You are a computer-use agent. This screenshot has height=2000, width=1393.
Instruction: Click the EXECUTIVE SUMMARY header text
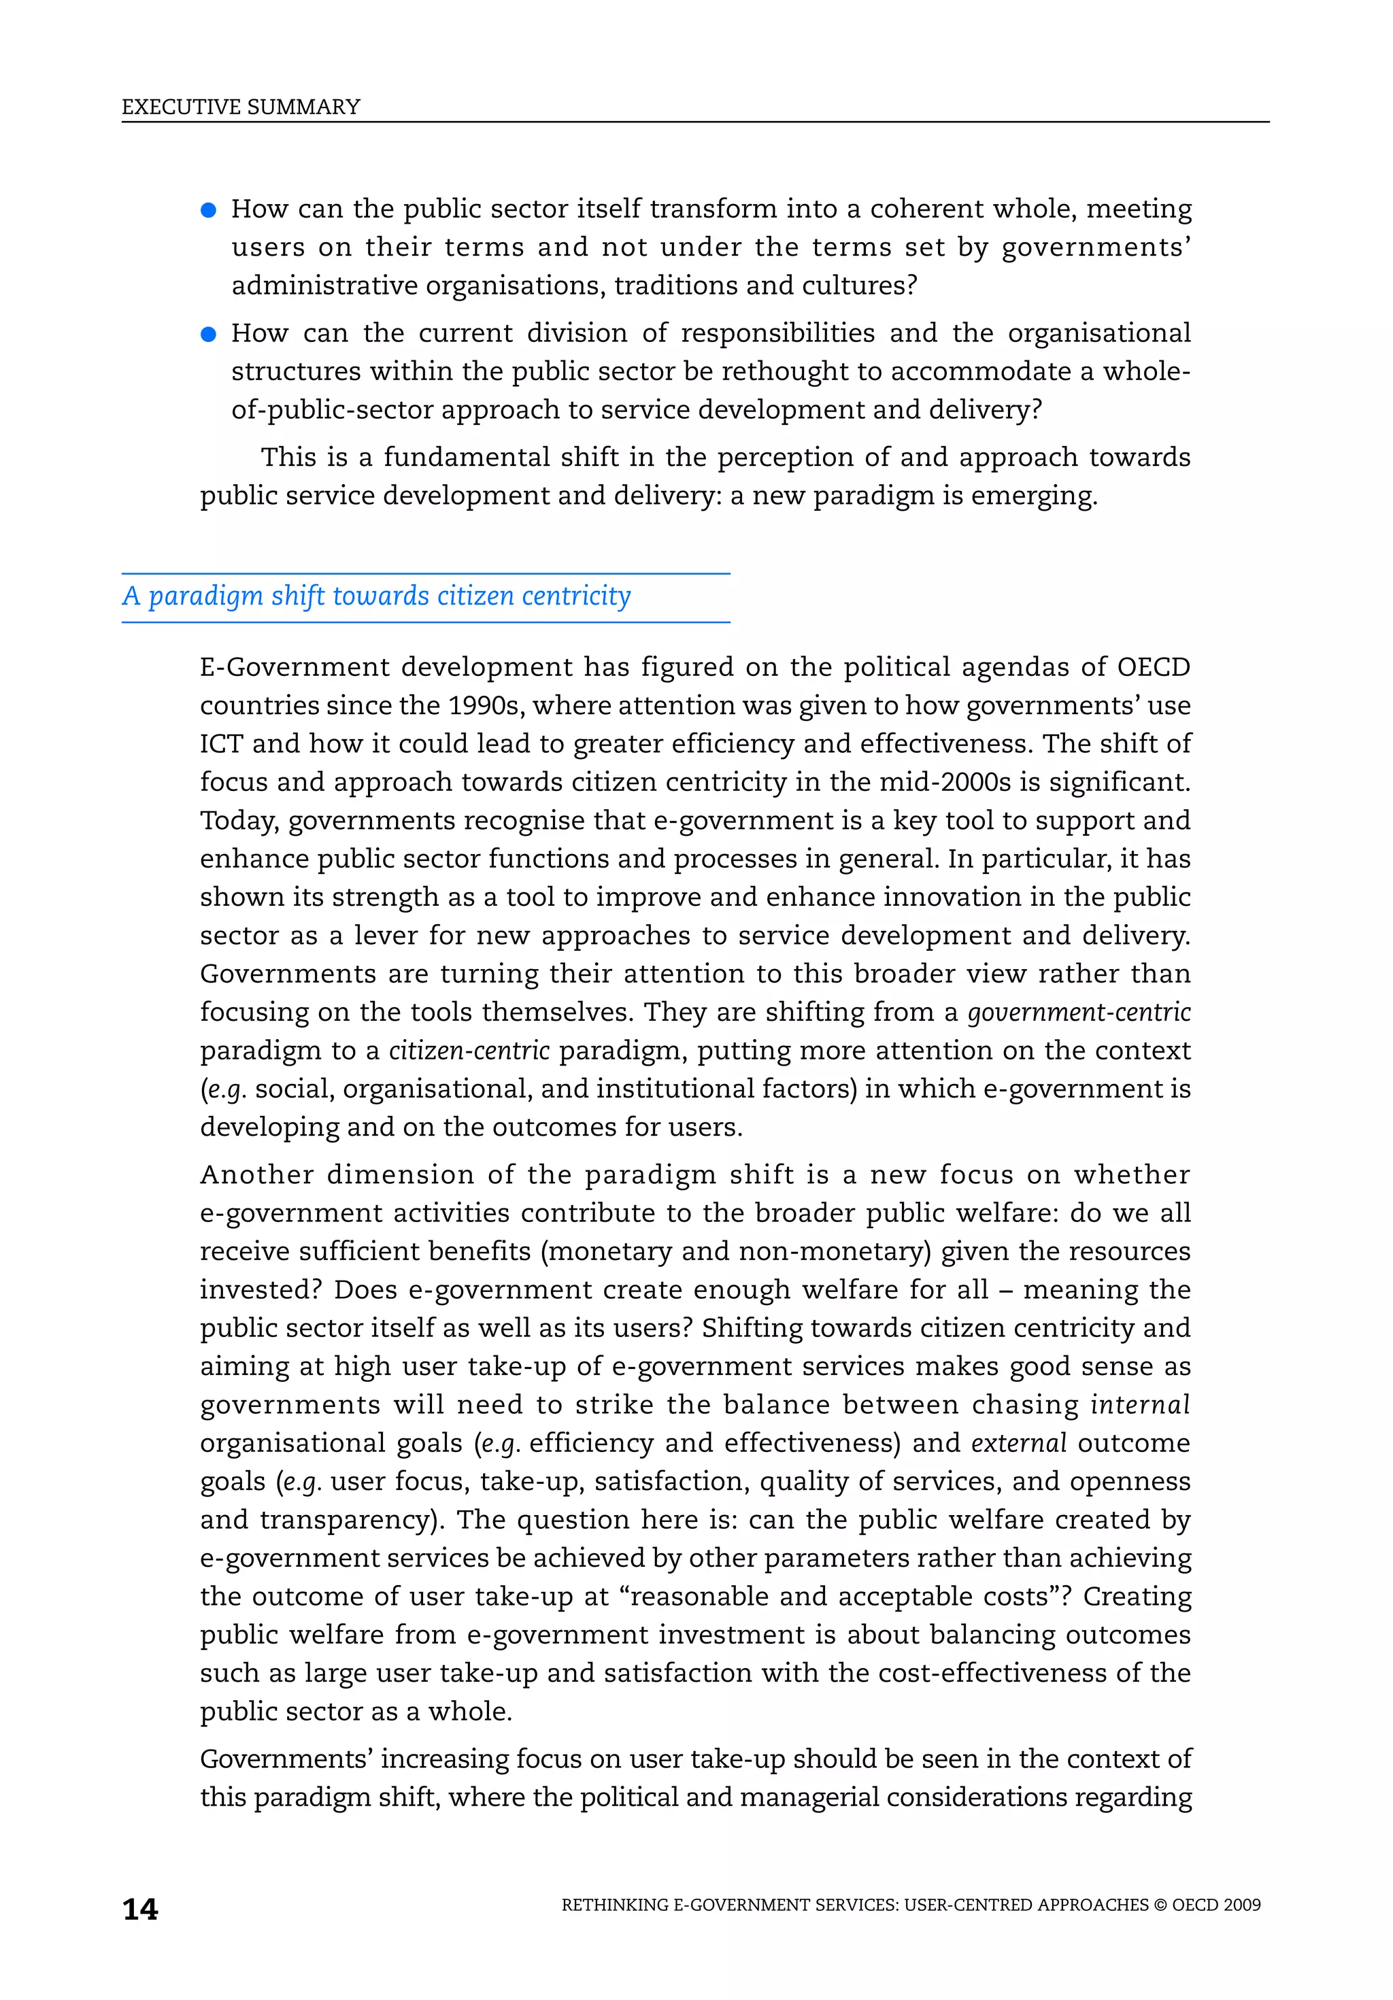(x=241, y=107)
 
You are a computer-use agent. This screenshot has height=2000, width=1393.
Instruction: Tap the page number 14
(x=140, y=1910)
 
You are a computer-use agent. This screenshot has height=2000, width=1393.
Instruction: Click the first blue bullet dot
(x=208, y=210)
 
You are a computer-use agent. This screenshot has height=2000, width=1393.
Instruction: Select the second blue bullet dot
(x=208, y=335)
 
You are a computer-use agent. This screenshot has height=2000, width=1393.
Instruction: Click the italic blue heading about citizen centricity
(x=376, y=596)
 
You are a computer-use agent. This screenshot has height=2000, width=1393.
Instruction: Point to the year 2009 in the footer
(x=1241, y=1905)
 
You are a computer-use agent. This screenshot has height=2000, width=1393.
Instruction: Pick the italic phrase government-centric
(x=1079, y=1012)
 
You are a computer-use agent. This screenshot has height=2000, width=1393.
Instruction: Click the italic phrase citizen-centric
(x=469, y=1051)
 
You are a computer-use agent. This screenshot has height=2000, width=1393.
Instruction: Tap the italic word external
(x=1018, y=1443)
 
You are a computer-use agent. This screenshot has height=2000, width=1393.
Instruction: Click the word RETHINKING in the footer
(x=615, y=1905)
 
